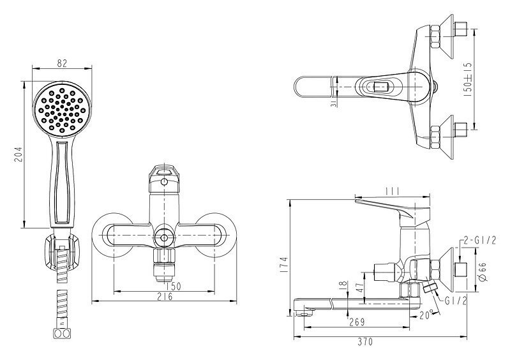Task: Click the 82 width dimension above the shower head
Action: coord(62,63)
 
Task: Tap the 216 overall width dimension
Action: coord(165,297)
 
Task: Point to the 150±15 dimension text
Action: coord(467,79)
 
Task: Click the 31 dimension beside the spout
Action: coord(333,103)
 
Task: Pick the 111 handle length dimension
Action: coord(392,191)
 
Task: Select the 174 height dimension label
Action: coord(283,266)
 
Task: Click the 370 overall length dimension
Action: coord(366,341)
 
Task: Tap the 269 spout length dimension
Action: coord(357,322)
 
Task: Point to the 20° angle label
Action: coord(426,315)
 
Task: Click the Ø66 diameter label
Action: coord(483,272)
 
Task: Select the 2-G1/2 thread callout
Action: coord(480,241)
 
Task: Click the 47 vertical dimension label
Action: coord(360,288)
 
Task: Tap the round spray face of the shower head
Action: coord(62,110)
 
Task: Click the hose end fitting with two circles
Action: coord(61,334)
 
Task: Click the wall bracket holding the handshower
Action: coord(61,251)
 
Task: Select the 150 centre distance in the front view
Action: coord(174,287)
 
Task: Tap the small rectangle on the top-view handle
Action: coord(381,87)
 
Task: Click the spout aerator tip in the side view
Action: coord(303,313)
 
